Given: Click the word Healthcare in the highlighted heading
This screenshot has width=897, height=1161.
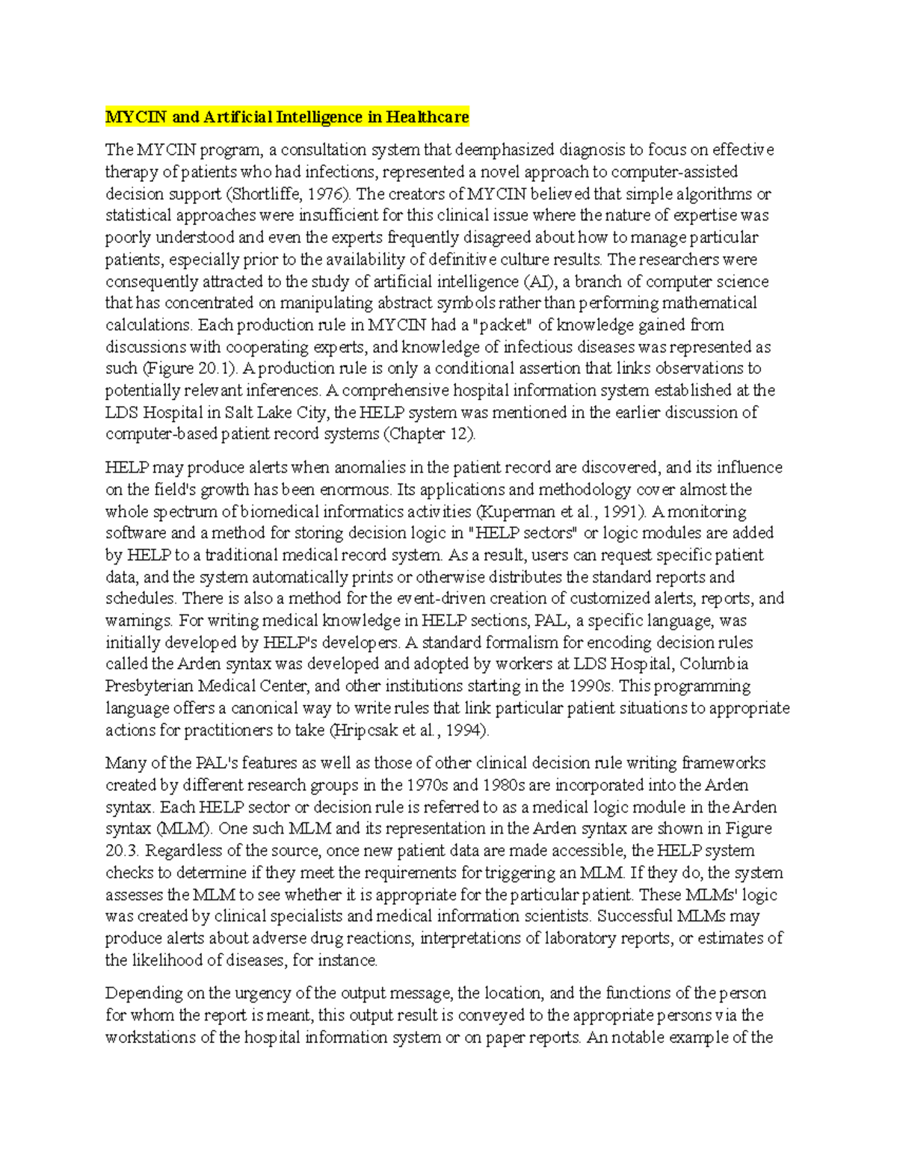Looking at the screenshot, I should (x=428, y=117).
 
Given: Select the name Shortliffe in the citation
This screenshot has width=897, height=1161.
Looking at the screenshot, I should (x=263, y=194).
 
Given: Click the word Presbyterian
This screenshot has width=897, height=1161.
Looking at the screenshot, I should (x=148, y=686).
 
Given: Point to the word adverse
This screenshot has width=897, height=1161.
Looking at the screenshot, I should (x=279, y=938).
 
